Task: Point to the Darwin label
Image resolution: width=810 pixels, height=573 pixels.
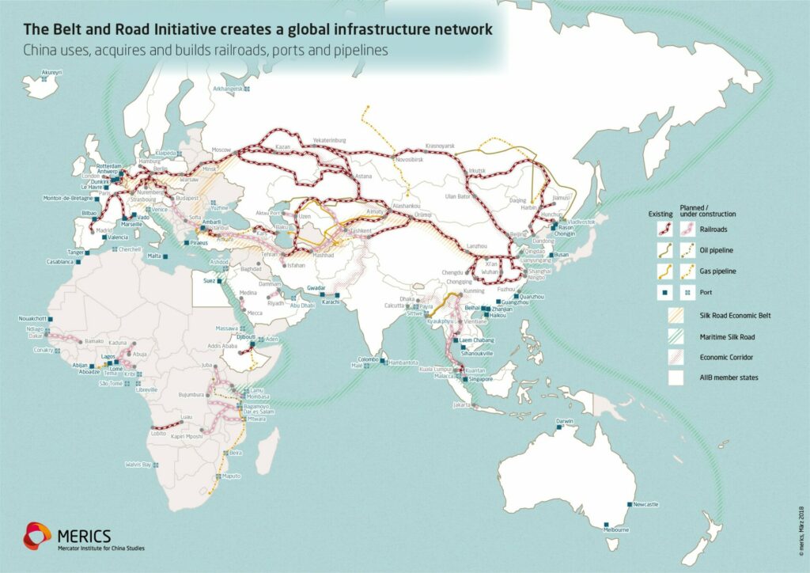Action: (x=564, y=420)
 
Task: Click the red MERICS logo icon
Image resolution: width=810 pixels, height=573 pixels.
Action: (x=38, y=535)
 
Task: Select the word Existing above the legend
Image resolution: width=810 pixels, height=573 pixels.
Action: (x=660, y=214)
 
